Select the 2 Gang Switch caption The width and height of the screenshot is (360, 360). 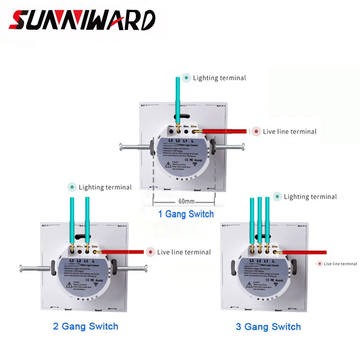pyautogui.click(x=85, y=326)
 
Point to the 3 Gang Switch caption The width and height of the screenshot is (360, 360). pyautogui.click(x=268, y=327)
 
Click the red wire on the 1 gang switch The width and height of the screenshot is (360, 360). pyautogui.click(x=223, y=131)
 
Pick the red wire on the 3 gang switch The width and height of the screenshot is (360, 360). pyautogui.click(x=306, y=252)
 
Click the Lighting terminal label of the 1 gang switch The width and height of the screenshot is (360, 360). pyautogui.click(x=219, y=78)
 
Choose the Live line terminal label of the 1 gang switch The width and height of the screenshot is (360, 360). pyautogui.click(x=289, y=131)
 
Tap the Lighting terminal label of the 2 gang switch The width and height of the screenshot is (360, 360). pyautogui.click(x=105, y=187)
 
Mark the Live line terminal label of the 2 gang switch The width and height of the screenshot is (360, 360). pyautogui.click(x=184, y=252)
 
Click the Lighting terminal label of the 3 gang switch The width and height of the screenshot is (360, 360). pyautogui.click(x=310, y=197)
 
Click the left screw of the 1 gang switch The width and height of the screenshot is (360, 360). pyautogui.click(x=134, y=147)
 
